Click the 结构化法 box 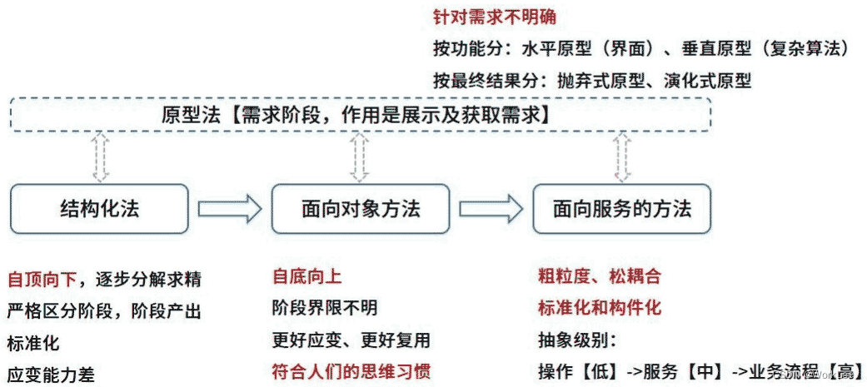coord(100,208)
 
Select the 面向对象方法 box coord(361,208)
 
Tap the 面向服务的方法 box coord(622,208)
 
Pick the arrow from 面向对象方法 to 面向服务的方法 coord(491,208)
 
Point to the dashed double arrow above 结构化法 coord(100,157)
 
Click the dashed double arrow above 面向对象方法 coord(360,157)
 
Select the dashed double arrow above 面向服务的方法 coord(621,157)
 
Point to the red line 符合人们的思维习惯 coord(351,371)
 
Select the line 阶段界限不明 coord(325,308)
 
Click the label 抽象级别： coord(576,340)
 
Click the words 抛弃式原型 coord(583,81)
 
